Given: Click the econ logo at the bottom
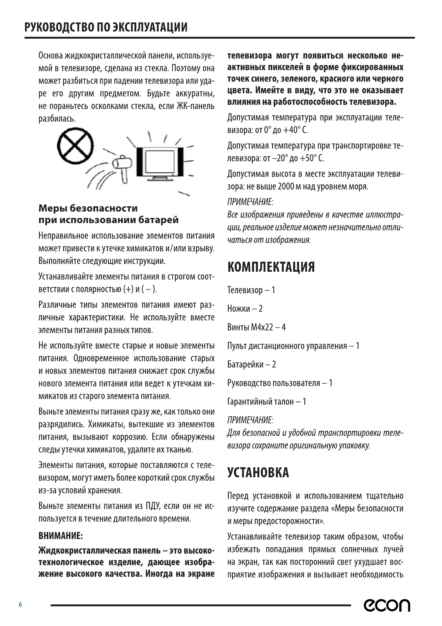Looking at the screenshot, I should [x=387, y=605].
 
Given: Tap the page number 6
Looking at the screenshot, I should [x=21, y=605].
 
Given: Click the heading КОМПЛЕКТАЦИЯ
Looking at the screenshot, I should [x=271, y=267].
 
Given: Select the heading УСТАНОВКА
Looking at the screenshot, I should [x=258, y=472].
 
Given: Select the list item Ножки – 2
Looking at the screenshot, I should [x=245, y=309].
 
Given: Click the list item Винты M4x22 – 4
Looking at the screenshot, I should [x=256, y=327].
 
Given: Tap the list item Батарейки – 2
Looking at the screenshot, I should [x=251, y=364].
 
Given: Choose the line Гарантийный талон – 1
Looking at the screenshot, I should [x=267, y=401].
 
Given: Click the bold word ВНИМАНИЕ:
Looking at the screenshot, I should [x=61, y=536].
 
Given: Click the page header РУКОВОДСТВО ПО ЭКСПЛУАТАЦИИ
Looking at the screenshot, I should [x=106, y=28].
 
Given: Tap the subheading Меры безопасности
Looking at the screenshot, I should [x=88, y=208].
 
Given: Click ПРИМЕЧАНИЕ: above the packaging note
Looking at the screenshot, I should [x=250, y=420].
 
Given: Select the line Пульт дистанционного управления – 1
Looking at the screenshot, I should [x=293, y=346].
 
